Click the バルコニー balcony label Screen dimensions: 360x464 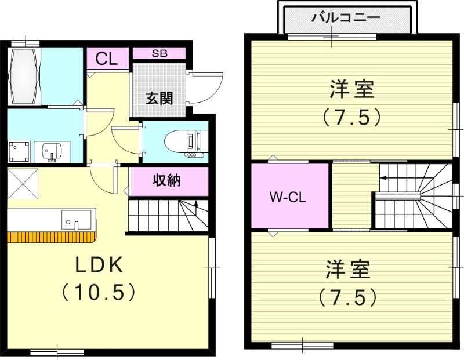point(346,17)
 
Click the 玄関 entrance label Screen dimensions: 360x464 point(158,98)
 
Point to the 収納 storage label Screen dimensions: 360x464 point(168,181)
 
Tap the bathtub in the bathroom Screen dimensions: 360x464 point(26,75)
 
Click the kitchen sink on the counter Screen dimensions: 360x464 point(77,220)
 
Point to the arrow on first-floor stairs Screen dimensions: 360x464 point(196,204)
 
